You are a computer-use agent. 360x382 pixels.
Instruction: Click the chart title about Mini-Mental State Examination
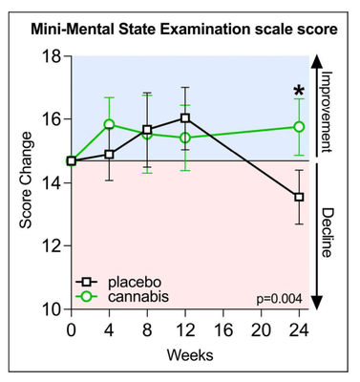(180, 30)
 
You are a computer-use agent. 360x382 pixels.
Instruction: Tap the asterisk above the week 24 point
(299, 94)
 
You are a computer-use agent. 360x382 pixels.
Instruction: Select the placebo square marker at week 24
(299, 197)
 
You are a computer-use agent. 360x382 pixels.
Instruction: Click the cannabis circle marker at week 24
(299, 126)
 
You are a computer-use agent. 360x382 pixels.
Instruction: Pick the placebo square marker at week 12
(185, 118)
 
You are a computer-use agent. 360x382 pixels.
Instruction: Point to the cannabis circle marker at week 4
(109, 124)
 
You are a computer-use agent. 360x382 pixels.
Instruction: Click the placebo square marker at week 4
(109, 154)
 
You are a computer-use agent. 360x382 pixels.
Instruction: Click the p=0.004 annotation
(279, 299)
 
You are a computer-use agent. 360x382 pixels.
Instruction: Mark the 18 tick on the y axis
(50, 56)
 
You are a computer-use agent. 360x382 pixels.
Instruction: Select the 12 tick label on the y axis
(50, 245)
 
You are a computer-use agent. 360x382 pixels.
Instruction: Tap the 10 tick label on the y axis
(50, 308)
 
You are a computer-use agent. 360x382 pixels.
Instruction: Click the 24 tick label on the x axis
(299, 330)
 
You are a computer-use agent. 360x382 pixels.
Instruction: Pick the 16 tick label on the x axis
(222, 330)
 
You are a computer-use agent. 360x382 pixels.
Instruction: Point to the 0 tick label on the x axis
(72, 330)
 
